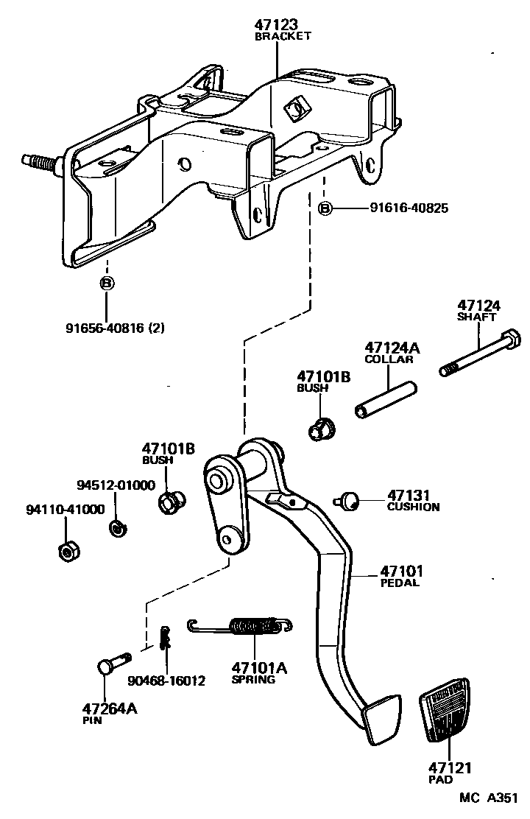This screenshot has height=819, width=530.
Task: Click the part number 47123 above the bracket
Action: point(278,25)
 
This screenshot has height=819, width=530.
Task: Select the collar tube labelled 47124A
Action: point(387,398)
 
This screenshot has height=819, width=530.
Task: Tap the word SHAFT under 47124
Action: point(477,317)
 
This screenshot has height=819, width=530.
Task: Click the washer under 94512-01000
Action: point(116,527)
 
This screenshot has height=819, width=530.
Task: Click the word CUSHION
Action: point(413,507)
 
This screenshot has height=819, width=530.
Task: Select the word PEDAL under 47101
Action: point(400,583)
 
